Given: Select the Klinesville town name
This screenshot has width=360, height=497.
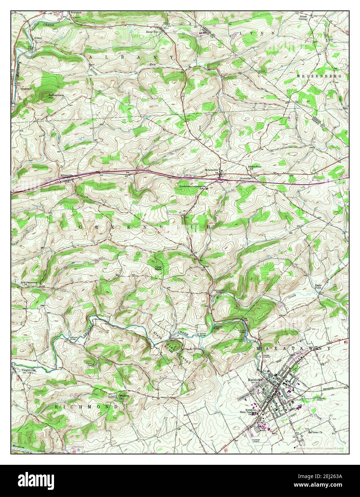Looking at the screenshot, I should (66, 176).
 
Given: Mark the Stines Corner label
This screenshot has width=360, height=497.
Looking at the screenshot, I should (303, 18).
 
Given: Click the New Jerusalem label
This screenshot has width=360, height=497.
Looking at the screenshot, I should (29, 282).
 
